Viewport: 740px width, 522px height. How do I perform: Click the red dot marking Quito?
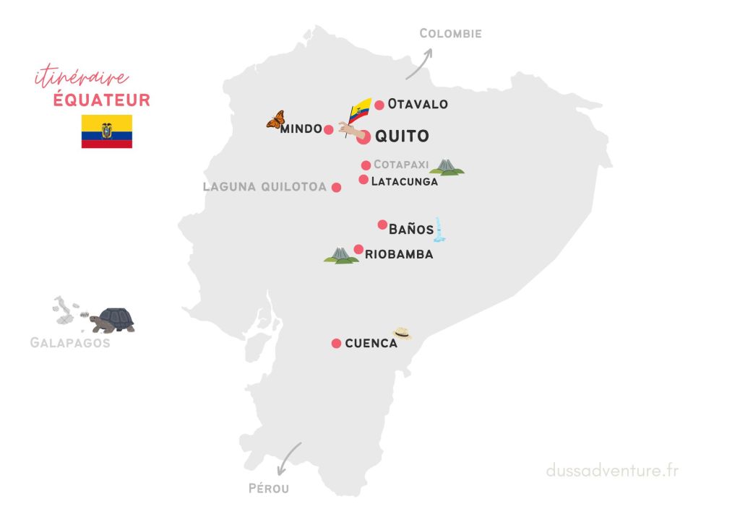tap(363, 137)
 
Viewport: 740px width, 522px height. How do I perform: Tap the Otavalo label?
tap(418, 104)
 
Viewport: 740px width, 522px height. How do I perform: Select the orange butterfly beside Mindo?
tap(275, 120)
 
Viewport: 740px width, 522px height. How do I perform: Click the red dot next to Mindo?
tap(329, 130)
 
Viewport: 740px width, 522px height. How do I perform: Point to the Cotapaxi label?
tap(401, 165)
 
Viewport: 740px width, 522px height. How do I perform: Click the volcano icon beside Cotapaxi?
tap(447, 168)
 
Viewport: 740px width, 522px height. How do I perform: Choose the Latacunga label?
tap(404, 182)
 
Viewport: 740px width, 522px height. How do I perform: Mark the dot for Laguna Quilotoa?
tap(336, 188)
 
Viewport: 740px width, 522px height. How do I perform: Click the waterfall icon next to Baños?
tap(439, 230)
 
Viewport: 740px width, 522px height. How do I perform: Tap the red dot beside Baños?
tap(383, 225)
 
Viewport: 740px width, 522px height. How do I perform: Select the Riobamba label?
tap(399, 254)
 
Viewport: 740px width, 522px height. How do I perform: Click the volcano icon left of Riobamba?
tap(341, 256)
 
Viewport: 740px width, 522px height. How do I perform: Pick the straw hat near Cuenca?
tap(403, 333)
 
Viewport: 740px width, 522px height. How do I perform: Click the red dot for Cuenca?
tap(336, 344)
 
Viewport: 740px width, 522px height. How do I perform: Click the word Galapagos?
tap(70, 343)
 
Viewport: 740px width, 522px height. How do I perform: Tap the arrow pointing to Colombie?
tap(419, 64)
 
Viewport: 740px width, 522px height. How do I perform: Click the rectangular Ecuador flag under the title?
tap(107, 131)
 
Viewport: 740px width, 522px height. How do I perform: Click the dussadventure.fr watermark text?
tap(612, 471)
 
